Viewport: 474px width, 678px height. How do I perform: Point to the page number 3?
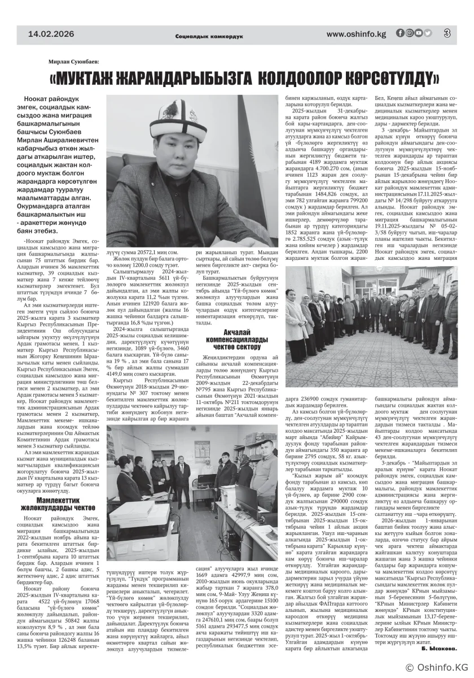point(446,34)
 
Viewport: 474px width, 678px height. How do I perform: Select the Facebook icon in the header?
point(400,33)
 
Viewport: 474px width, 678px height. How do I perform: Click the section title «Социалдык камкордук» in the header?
point(209,36)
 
